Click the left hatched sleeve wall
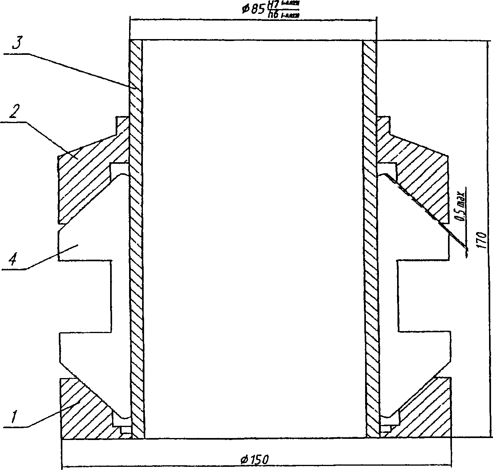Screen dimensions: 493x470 136,237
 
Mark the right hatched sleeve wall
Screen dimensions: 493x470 370,237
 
